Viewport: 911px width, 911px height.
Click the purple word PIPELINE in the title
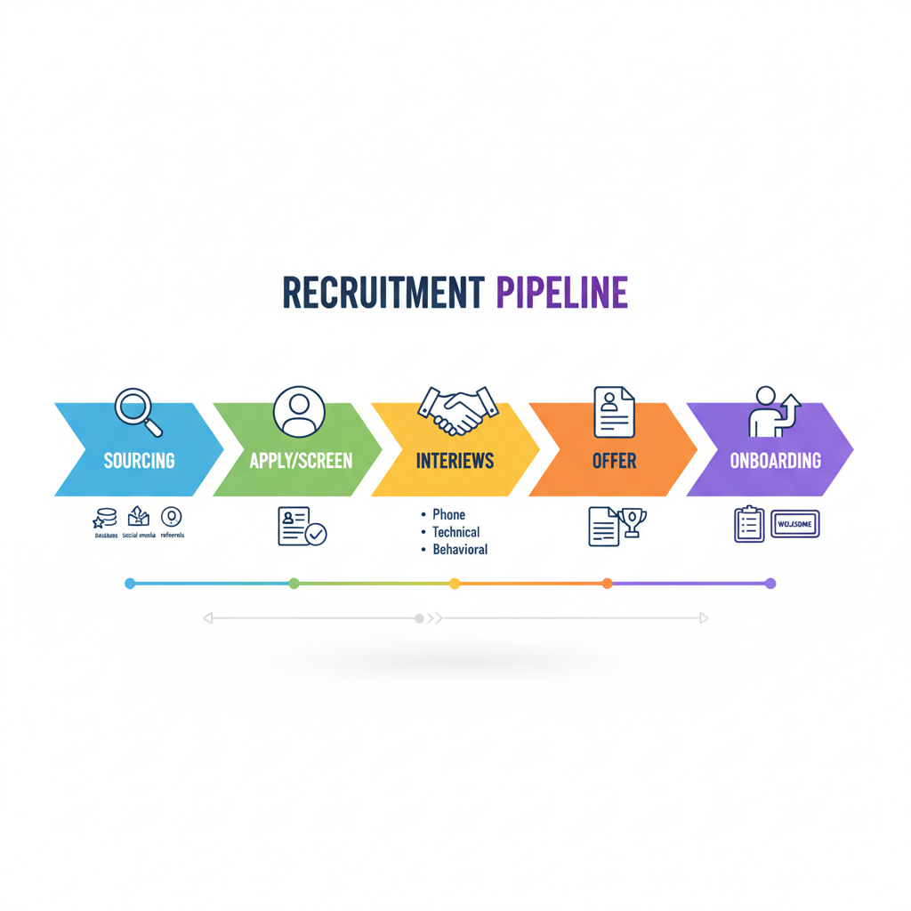561,293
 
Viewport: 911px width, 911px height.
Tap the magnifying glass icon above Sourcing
139,412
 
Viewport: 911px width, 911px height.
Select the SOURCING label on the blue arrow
139,461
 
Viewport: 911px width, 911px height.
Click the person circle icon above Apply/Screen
299,411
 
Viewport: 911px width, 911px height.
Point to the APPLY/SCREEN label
301,461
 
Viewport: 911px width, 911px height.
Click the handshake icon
457,410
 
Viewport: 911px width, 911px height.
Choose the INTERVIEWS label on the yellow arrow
455,461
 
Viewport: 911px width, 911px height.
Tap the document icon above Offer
614,410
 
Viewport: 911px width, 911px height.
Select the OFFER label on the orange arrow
614,461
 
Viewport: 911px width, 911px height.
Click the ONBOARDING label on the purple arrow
775,461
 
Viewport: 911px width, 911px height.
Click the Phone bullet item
448,514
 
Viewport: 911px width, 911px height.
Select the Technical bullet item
455,532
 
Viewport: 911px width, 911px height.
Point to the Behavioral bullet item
460,550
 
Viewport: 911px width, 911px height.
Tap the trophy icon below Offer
633,522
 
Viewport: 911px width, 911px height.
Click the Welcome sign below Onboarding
795,524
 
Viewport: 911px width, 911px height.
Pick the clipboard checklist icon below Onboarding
749,524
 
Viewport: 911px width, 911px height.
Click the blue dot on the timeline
131,584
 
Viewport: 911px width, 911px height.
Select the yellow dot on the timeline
455,584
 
